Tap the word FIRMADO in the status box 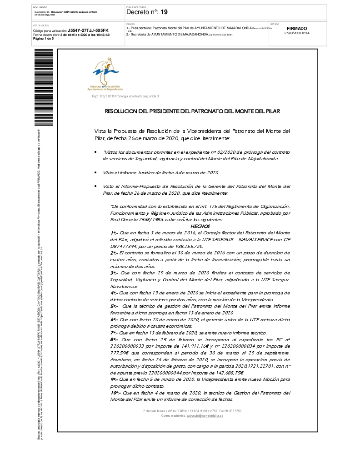(297, 28)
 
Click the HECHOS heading (200, 226)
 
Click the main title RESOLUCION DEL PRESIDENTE (192, 111)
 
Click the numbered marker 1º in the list (114, 233)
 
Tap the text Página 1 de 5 (44, 39)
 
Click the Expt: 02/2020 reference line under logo (125, 96)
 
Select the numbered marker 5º (114, 306)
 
